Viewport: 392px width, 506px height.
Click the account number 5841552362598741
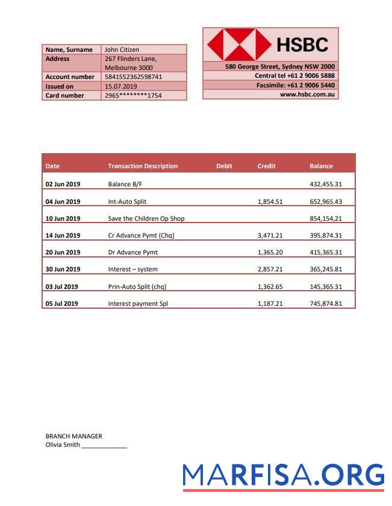(x=133, y=77)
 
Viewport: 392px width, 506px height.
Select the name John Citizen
(x=122, y=49)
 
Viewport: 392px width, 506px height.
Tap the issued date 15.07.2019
(x=117, y=86)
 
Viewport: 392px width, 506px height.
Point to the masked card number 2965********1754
(x=133, y=95)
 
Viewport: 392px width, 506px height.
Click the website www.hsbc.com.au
(x=307, y=95)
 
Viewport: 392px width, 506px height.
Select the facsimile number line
(x=295, y=85)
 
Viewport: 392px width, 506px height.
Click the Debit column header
(x=224, y=166)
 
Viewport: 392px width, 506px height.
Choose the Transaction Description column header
(x=143, y=166)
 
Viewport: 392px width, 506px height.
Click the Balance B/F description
(x=125, y=185)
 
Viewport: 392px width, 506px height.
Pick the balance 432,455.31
(x=325, y=185)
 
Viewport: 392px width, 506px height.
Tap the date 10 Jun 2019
(x=63, y=218)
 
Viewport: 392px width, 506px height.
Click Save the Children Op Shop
(x=146, y=218)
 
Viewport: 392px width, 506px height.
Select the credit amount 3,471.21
(x=270, y=235)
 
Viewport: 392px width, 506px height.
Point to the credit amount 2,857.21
(x=270, y=270)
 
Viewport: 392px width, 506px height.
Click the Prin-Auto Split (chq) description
(x=137, y=286)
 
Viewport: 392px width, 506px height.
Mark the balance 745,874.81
(x=325, y=303)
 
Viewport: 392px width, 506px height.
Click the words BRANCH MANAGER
(x=73, y=436)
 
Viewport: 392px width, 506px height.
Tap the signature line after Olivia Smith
(x=104, y=446)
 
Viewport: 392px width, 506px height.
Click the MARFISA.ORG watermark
(x=283, y=475)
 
